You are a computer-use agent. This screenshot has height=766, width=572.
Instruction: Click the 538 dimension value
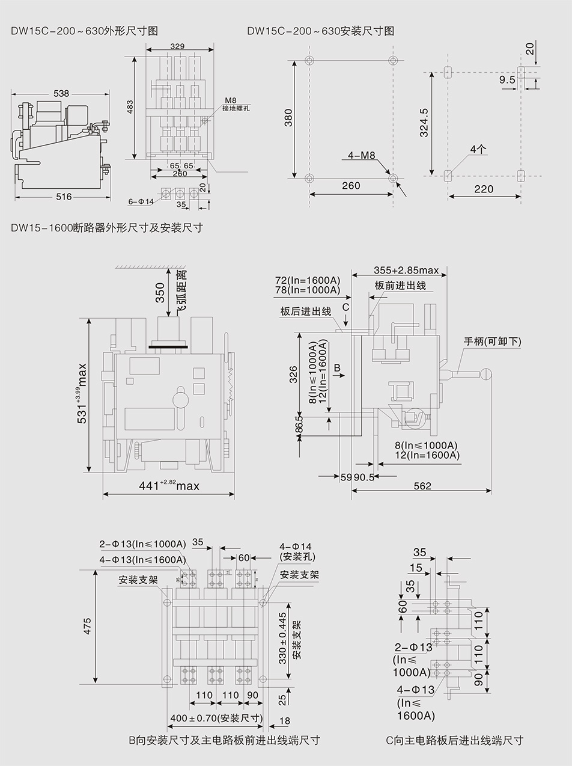(61, 93)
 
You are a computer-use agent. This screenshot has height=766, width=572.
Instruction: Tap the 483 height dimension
(130, 107)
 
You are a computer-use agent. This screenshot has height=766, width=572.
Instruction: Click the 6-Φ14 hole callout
(141, 201)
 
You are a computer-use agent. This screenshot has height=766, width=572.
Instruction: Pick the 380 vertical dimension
(288, 117)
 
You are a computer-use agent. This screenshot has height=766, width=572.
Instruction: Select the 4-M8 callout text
(362, 156)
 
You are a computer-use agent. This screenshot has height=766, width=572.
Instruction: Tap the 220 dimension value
(484, 189)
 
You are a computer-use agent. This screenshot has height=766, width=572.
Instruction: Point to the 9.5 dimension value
(507, 79)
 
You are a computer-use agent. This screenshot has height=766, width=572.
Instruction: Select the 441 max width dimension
(169, 485)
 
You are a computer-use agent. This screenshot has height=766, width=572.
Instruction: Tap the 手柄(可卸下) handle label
(492, 342)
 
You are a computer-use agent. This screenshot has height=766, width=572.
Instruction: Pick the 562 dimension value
(422, 485)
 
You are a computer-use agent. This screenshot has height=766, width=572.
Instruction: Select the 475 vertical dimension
(88, 626)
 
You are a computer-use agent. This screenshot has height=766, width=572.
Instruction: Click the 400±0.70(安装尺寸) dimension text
(217, 718)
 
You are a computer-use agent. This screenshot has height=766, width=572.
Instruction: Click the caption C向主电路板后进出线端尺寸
(454, 740)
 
